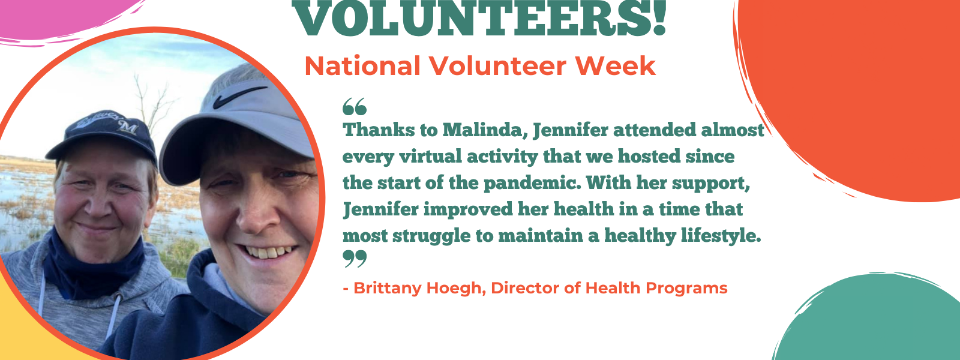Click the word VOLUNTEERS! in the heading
point(481,17)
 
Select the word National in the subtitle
point(362,66)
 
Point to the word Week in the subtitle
point(615,66)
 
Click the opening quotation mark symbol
point(355,107)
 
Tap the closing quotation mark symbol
point(355,259)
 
